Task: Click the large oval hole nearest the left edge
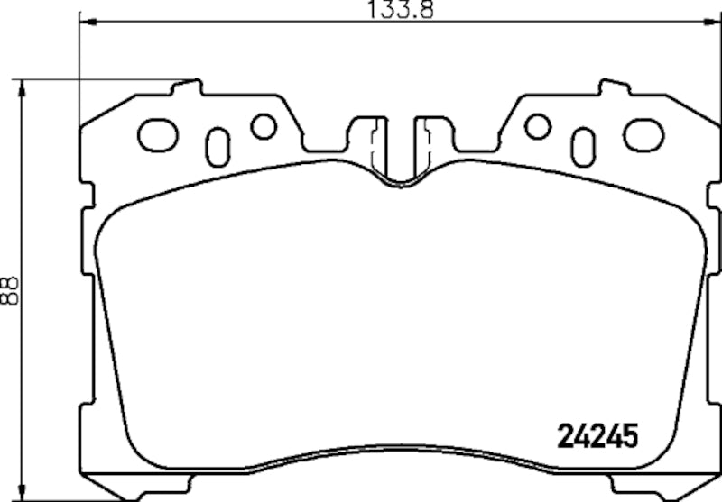click(x=158, y=135)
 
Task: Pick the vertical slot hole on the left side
click(x=218, y=146)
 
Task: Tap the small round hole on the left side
click(x=264, y=127)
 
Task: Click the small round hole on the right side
click(x=538, y=127)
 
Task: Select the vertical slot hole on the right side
click(x=584, y=146)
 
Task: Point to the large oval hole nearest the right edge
click(x=643, y=135)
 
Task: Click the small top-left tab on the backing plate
click(x=189, y=87)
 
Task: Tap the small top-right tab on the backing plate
click(x=613, y=87)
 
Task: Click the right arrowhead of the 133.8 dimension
click(x=717, y=19)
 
